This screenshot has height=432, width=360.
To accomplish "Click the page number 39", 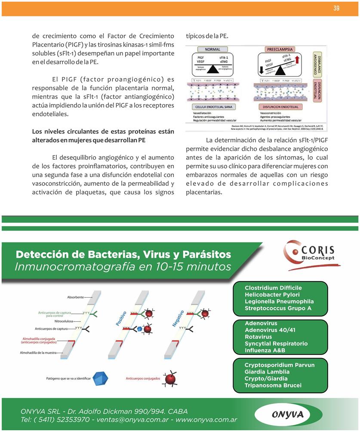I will point(336,8).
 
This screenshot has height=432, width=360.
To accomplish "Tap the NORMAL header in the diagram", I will point(212,49).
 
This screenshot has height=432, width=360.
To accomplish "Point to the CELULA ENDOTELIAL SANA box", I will point(215,106).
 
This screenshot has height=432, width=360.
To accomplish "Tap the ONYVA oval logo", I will point(287,414).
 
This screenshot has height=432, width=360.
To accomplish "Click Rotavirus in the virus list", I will point(258,337).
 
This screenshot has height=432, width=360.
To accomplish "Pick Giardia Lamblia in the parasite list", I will point(267,372).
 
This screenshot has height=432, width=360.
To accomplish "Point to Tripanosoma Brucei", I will point(273,386).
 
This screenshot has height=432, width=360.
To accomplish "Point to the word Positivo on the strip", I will point(121,318).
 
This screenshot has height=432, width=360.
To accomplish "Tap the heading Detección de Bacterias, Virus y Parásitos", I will point(123,254).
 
